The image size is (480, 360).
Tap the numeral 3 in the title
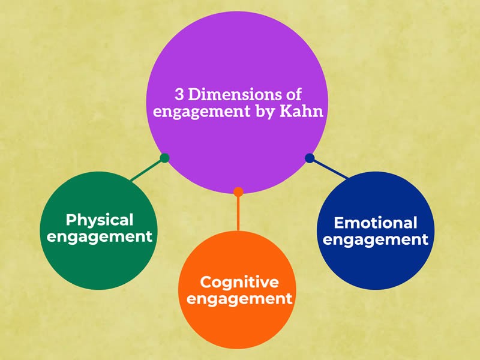point(179,95)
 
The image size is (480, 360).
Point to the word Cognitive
point(239,281)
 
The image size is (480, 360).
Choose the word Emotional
point(375,223)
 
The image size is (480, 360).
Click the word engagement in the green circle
point(100,236)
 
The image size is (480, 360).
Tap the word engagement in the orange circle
point(239,298)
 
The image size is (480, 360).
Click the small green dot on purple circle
point(164,158)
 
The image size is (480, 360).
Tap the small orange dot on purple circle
point(238,192)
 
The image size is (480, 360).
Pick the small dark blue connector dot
point(310,158)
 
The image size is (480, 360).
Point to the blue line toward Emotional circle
point(329,169)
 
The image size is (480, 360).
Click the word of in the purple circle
point(293,95)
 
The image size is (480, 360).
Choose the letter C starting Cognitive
point(205,281)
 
